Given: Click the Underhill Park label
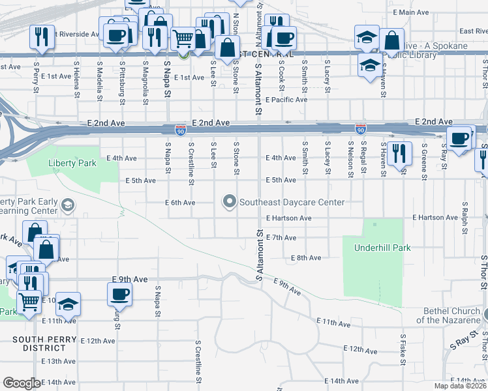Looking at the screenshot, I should click(373, 248).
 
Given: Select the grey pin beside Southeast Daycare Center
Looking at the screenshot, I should click(229, 202).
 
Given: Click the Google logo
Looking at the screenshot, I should click(22, 383).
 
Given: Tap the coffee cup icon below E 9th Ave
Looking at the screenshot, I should click(119, 293).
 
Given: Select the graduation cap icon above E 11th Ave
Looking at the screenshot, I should click(67, 303).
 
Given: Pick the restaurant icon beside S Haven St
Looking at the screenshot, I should click(399, 154).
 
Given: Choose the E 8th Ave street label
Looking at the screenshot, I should click(306, 258).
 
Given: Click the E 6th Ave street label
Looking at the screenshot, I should click(180, 203).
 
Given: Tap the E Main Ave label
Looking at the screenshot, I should click(411, 12).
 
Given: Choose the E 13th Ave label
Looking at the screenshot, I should click(59, 361).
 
